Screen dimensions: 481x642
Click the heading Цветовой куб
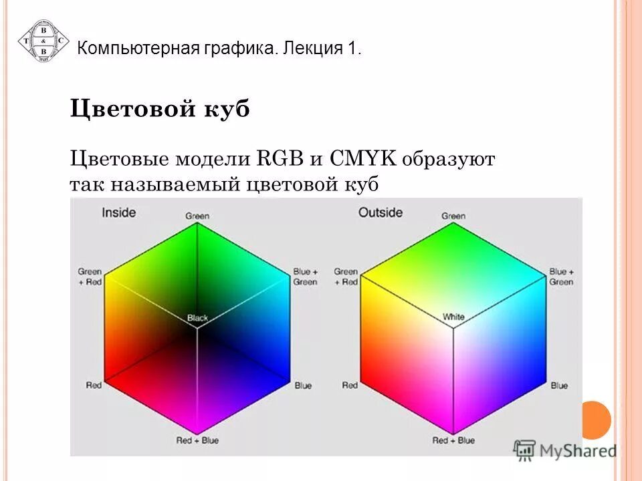pyautogui.click(x=160, y=109)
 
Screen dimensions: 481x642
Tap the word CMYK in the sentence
pyautogui.click(x=364, y=160)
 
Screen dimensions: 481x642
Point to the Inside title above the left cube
pyautogui.click(x=118, y=212)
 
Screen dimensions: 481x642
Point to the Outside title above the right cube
pyautogui.click(x=381, y=212)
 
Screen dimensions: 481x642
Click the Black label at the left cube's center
pyautogui.click(x=197, y=318)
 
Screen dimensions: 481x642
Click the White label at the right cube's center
pyautogui.click(x=453, y=317)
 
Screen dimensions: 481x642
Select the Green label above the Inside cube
pyautogui.click(x=197, y=216)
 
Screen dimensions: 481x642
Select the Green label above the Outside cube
pyautogui.click(x=453, y=216)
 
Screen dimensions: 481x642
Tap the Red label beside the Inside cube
pyautogui.click(x=94, y=385)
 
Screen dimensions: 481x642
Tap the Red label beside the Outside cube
pyautogui.click(x=350, y=385)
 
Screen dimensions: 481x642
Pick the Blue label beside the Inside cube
pyautogui.click(x=303, y=385)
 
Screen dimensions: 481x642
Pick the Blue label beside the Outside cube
pyautogui.click(x=559, y=385)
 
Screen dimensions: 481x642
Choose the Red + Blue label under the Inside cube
pyautogui.click(x=197, y=441)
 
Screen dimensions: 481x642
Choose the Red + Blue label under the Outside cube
pyautogui.click(x=453, y=441)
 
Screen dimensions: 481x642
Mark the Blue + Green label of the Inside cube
pyautogui.click(x=305, y=277)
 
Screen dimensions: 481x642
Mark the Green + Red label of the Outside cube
pyautogui.click(x=346, y=277)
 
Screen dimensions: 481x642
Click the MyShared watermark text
pyautogui.click(x=577, y=450)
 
